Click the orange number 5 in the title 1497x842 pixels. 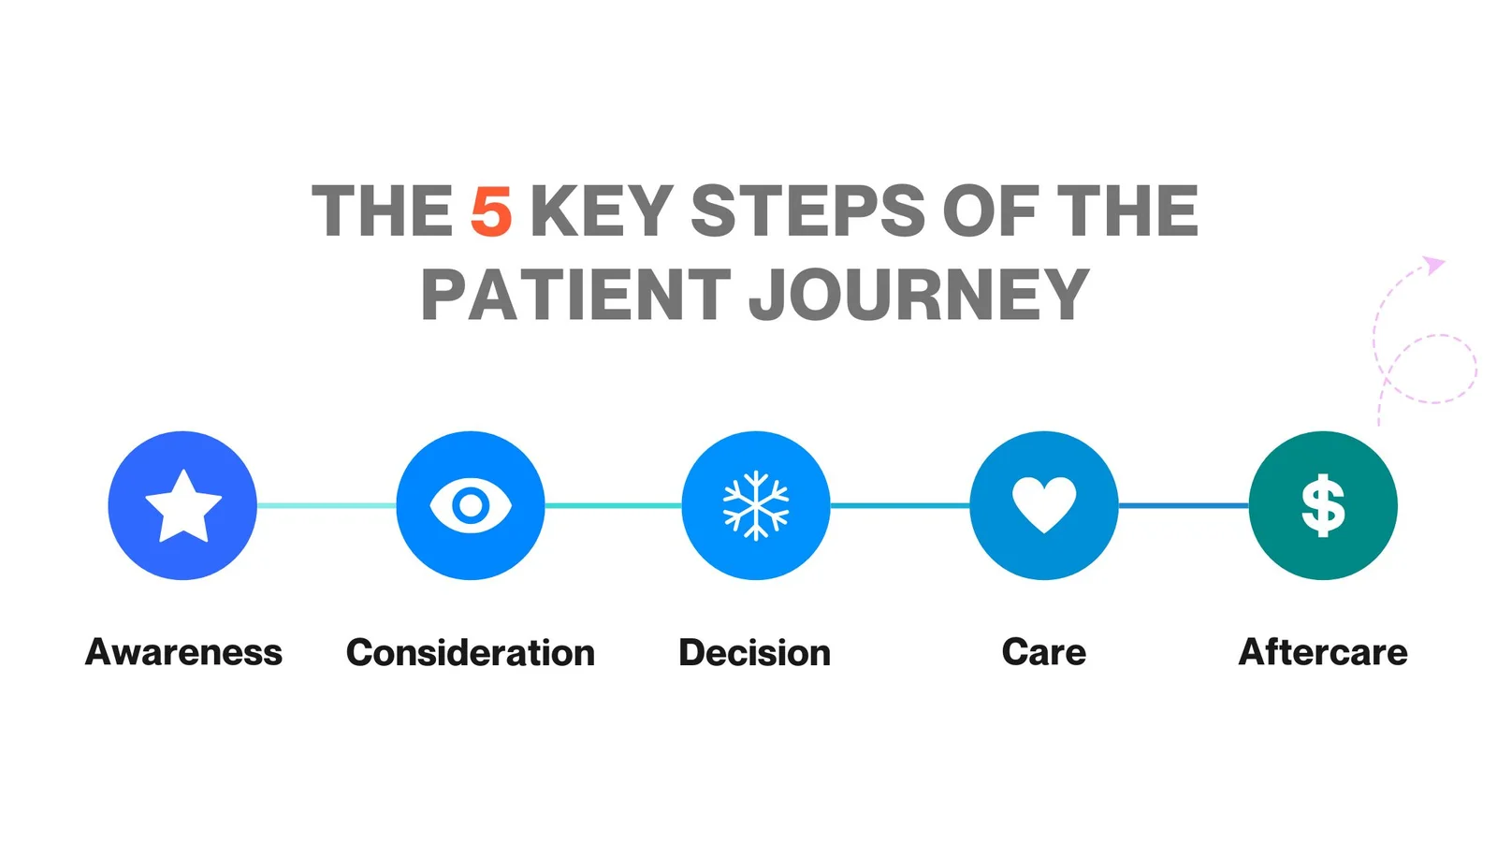491,210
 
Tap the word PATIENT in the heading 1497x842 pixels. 576,294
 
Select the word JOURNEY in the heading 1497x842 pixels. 919,294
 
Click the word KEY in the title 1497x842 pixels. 602,210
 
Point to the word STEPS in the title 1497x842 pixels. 808,210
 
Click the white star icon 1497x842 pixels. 183,506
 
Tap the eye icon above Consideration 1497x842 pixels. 471,506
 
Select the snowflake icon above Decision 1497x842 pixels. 756,506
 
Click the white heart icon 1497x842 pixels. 1044,504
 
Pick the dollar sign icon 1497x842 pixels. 1323,506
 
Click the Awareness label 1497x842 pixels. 183,652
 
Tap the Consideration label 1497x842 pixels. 471,653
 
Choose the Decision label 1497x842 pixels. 754,653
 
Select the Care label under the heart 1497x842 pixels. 1044,652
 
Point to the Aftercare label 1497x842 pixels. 1323,652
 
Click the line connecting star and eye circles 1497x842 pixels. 327,506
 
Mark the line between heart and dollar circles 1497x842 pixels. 1184,506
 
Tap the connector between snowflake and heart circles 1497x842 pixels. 900,506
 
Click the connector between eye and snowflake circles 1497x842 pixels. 614,506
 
